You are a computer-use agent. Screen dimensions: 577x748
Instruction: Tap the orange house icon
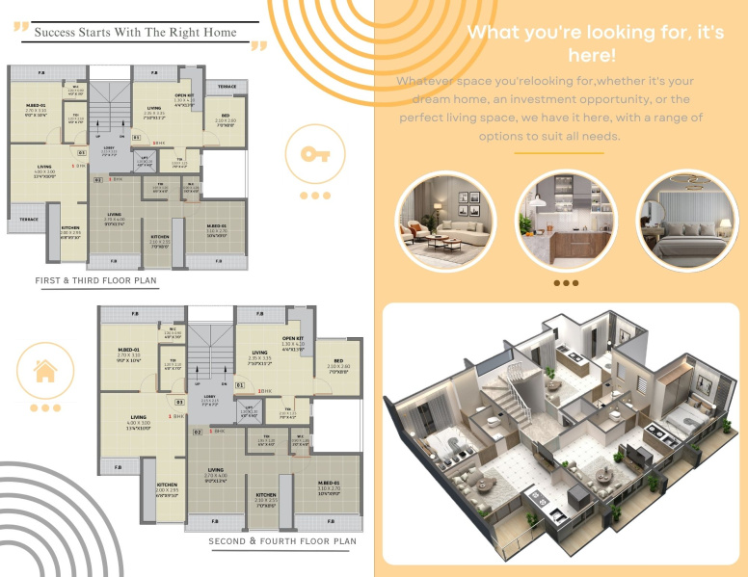tap(44, 370)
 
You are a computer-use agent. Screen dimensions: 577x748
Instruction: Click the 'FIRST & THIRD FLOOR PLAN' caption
tap(95, 281)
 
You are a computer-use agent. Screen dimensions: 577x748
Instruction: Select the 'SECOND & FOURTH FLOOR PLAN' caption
tap(282, 541)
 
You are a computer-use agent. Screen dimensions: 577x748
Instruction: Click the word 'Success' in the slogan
tap(57, 32)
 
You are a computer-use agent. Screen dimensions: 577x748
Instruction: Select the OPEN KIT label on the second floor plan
tap(293, 340)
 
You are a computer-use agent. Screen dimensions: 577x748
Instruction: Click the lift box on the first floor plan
tap(145, 160)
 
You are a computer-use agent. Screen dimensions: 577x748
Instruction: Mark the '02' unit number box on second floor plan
tap(198, 433)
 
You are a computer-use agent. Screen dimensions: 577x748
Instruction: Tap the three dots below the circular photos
tap(566, 283)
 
